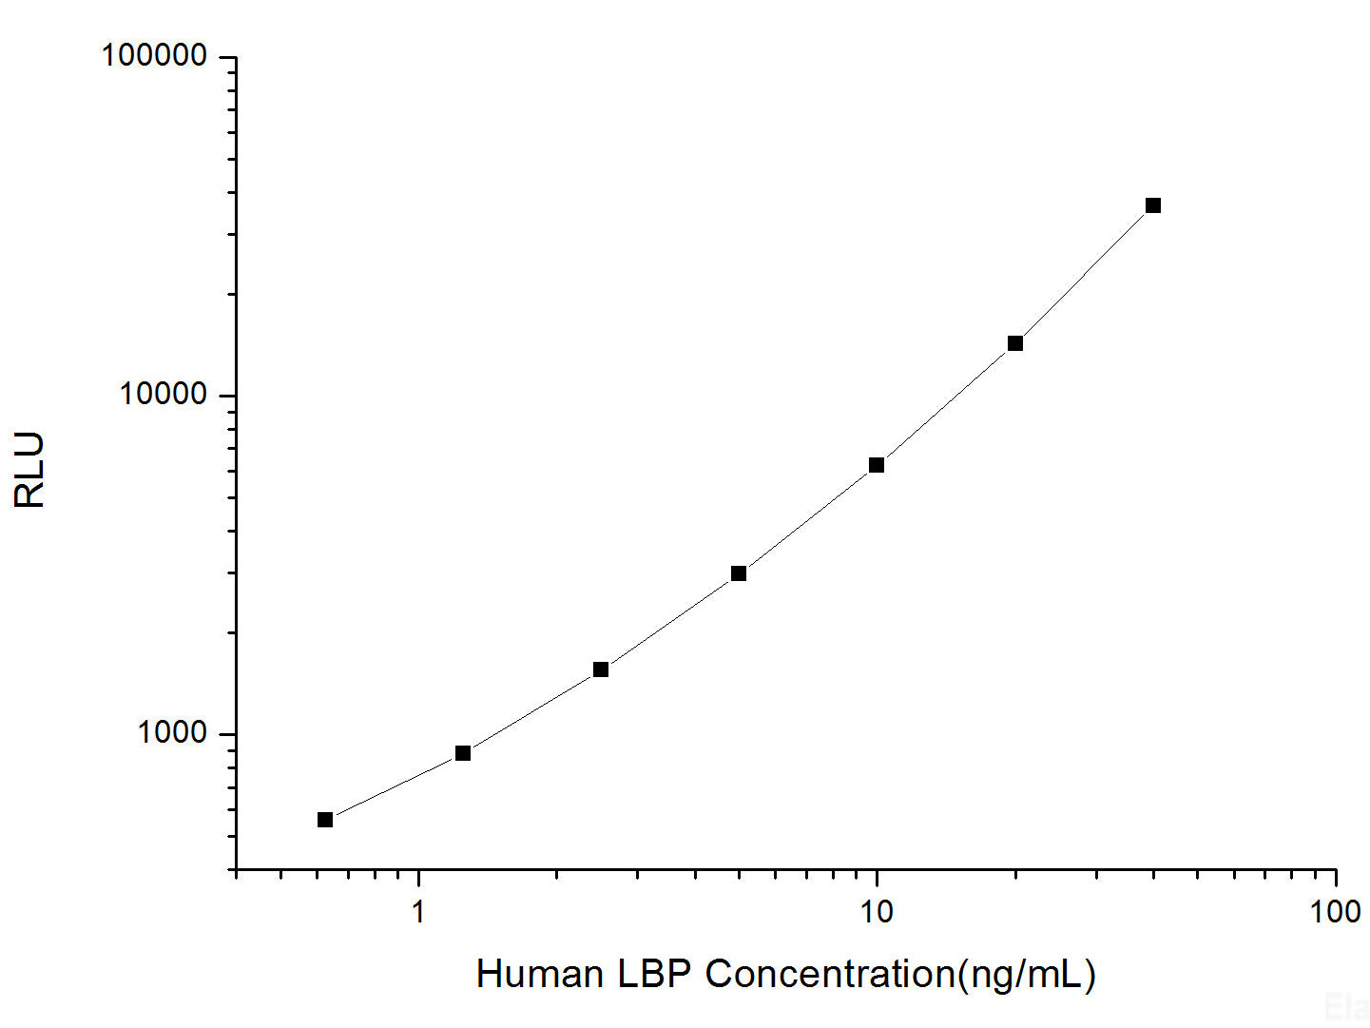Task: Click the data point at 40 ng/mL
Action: click(x=1152, y=205)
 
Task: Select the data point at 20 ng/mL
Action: click(x=1014, y=343)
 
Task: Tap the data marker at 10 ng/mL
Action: click(x=877, y=465)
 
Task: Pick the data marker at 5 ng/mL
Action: click(x=739, y=573)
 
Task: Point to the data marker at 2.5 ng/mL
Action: click(x=601, y=669)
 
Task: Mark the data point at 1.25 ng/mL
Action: click(x=463, y=753)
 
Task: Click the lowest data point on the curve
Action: click(x=325, y=820)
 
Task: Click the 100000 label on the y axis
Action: click(x=154, y=56)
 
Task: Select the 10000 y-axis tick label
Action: click(x=163, y=394)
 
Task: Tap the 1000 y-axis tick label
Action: click(x=172, y=732)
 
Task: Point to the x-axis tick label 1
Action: click(x=418, y=912)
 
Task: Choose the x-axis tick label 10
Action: click(x=877, y=912)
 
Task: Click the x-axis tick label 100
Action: click(x=1335, y=912)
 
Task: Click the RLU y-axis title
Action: click(x=30, y=470)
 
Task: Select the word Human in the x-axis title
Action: click(x=539, y=974)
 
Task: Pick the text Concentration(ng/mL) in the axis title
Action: click(x=900, y=974)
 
